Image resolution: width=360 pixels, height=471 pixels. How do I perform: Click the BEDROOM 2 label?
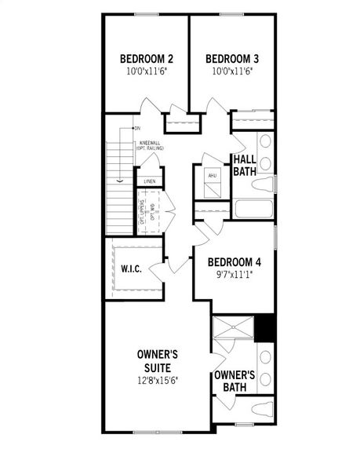click(x=147, y=59)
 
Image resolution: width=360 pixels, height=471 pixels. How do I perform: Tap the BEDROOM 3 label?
click(x=232, y=59)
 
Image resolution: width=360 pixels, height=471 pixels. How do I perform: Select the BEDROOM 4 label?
click(x=235, y=262)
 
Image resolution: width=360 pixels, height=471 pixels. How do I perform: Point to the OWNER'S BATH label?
click(x=235, y=381)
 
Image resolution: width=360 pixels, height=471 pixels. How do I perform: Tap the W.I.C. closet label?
click(x=131, y=268)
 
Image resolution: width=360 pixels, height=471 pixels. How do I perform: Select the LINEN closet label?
click(x=149, y=181)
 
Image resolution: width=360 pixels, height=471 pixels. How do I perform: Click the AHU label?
click(x=212, y=175)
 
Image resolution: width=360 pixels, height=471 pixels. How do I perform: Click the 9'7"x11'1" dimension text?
click(x=235, y=275)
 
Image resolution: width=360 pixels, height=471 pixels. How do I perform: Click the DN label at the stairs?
click(x=136, y=127)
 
